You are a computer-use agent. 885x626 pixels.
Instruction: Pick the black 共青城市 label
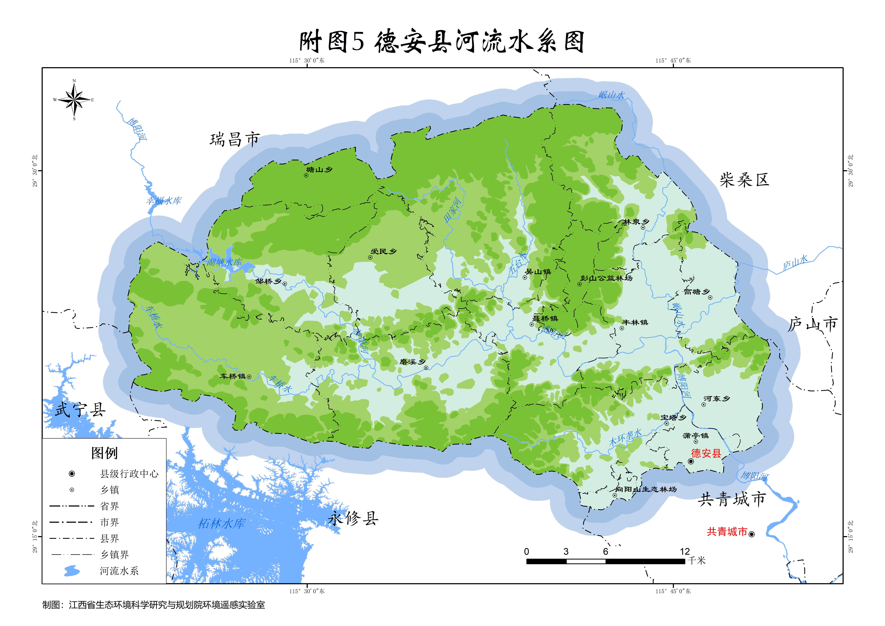(x=731, y=500)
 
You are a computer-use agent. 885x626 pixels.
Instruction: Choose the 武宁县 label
(x=80, y=409)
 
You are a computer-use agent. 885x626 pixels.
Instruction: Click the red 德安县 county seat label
(x=706, y=453)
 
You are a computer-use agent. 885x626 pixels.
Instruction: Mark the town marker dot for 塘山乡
(x=306, y=175)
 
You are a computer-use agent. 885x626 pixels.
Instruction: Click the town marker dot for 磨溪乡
(x=426, y=368)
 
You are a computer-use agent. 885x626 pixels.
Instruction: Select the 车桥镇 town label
(x=232, y=376)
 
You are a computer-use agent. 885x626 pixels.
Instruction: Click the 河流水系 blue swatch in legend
(x=72, y=571)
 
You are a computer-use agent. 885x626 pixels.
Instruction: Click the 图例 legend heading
(x=104, y=453)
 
